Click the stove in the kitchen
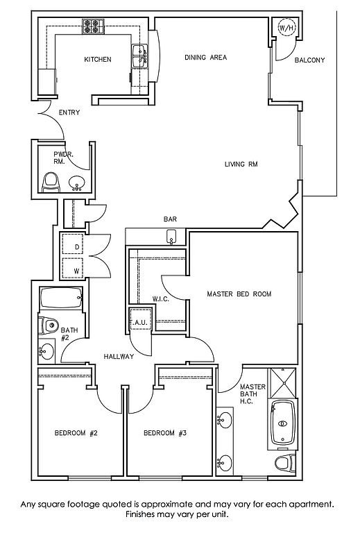[93, 26]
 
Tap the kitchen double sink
[139, 56]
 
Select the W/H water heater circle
[286, 28]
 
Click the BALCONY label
[309, 60]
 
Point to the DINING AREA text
[205, 58]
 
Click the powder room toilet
[50, 183]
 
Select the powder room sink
[77, 183]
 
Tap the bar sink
[172, 237]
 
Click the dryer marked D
[73, 244]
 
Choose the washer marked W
[73, 268]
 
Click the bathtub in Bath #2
[61, 298]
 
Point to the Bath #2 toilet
[49, 325]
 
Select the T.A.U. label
[139, 322]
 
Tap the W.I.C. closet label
[160, 299]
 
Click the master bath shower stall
[282, 383]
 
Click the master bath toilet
[285, 464]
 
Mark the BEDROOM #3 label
[165, 433]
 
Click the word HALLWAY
[119, 357]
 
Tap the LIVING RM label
[241, 164]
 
